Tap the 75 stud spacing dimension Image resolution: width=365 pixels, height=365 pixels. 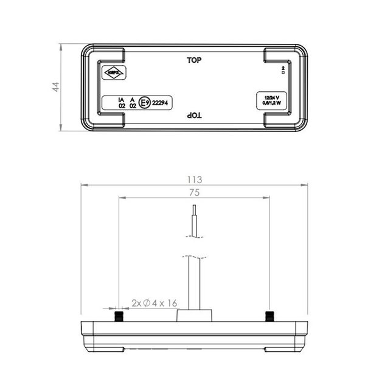(x=193, y=192)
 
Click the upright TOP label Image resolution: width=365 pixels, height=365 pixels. (x=194, y=60)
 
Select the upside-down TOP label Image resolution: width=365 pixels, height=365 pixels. (x=194, y=115)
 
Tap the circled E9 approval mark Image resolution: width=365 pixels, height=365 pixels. (x=144, y=103)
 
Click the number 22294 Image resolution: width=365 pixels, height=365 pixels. (x=162, y=103)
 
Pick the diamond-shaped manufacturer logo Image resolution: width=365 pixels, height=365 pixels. (x=114, y=74)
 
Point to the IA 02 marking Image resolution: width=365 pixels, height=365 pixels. (x=122, y=102)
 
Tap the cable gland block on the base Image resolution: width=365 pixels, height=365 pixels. (x=193, y=315)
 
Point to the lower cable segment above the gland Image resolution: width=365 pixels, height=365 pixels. (x=193, y=283)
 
